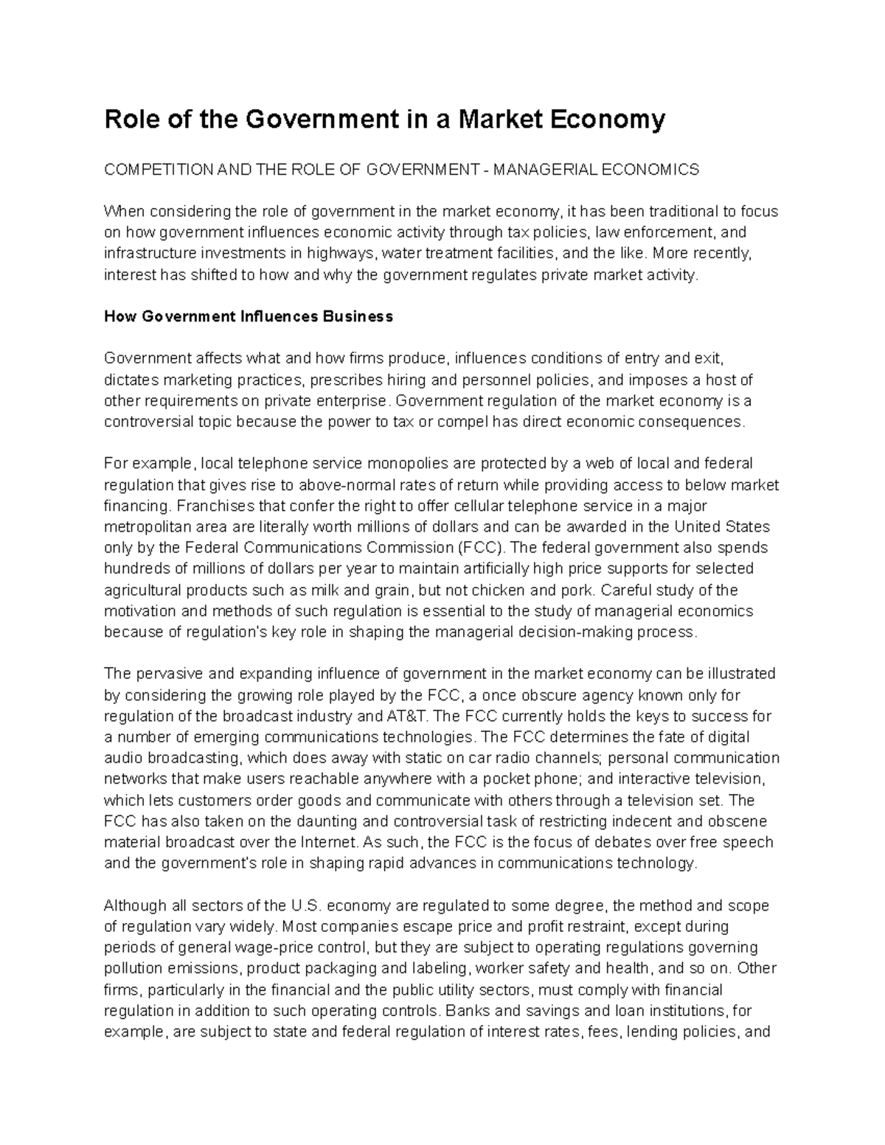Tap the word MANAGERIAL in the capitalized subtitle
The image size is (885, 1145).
(x=535, y=170)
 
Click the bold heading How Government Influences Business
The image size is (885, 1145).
(x=249, y=317)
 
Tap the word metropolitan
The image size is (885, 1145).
(x=146, y=527)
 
